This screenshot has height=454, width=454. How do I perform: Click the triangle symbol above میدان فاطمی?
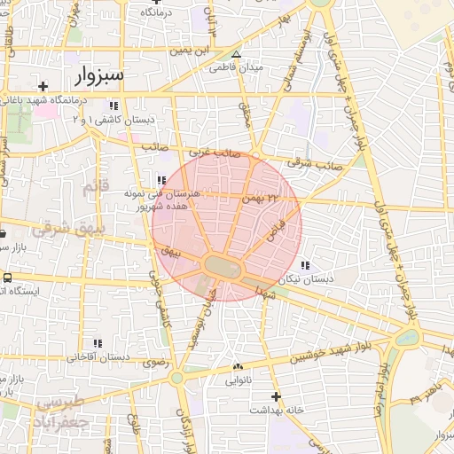point(235,53)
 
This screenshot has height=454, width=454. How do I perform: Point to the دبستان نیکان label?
point(306,279)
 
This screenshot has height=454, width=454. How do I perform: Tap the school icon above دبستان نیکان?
point(306,265)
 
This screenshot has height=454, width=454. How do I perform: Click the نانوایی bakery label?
point(238,381)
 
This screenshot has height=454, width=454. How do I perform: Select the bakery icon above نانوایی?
point(238,366)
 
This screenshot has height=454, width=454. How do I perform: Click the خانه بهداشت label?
point(276,411)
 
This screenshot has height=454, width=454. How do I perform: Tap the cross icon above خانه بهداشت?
point(276,395)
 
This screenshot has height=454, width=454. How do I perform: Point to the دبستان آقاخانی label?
point(98,357)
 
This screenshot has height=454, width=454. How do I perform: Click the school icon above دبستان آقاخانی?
point(98,342)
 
